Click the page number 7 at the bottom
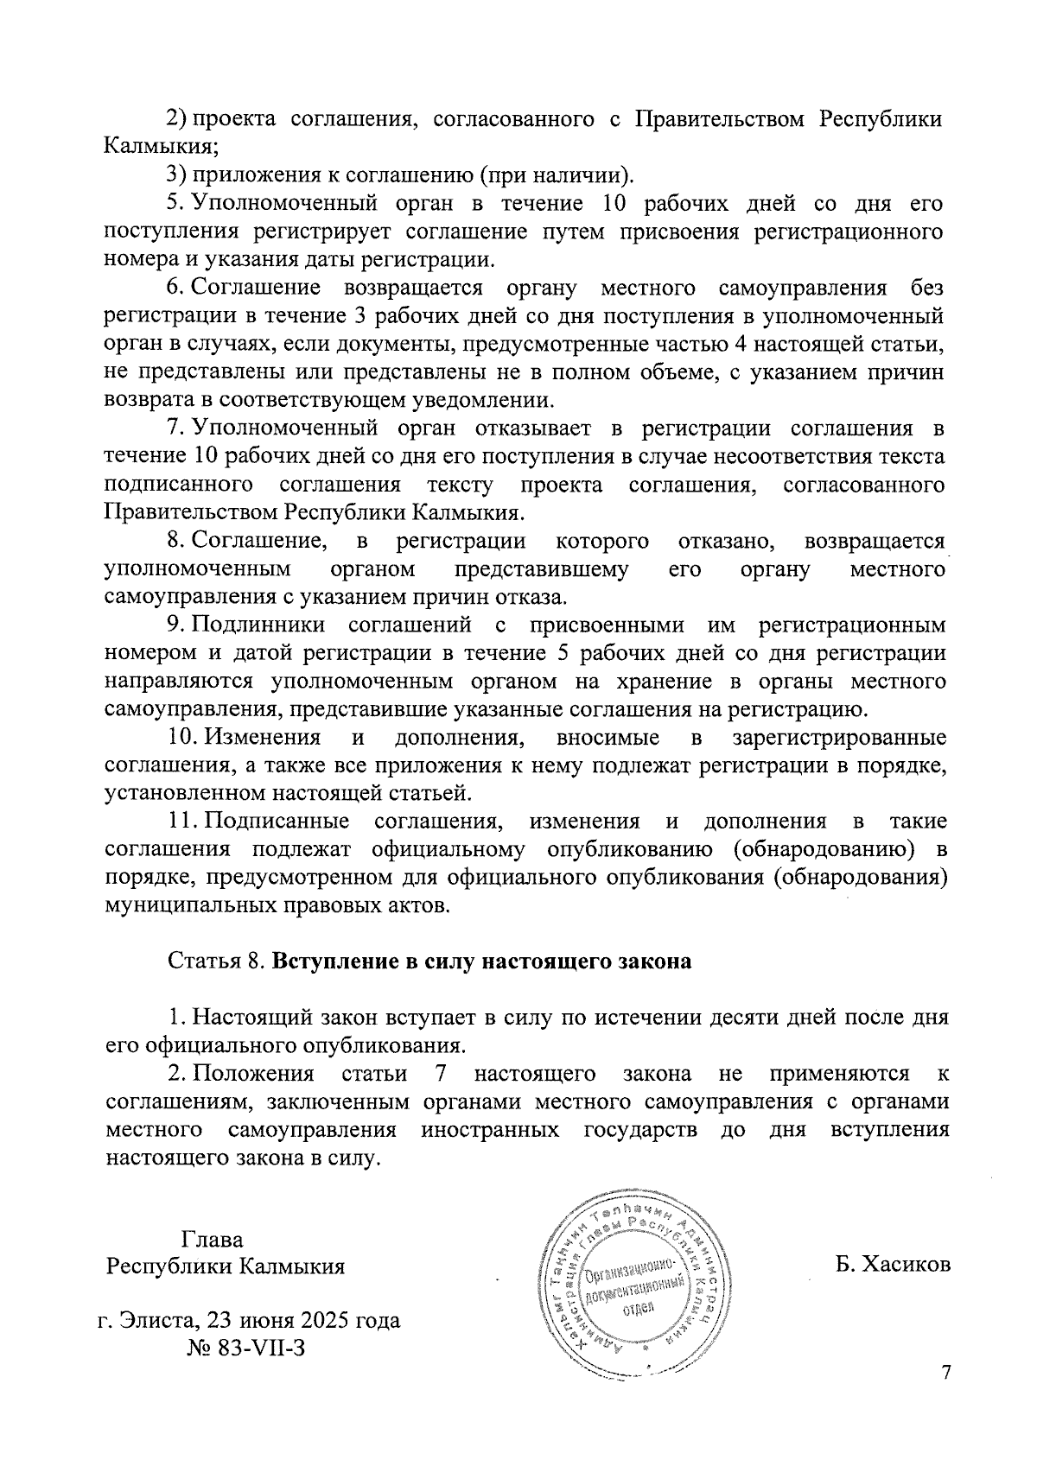click(945, 1373)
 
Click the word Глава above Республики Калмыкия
click(213, 1240)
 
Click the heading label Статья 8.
click(216, 961)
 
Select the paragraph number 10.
click(182, 738)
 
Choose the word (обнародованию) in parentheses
click(824, 849)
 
